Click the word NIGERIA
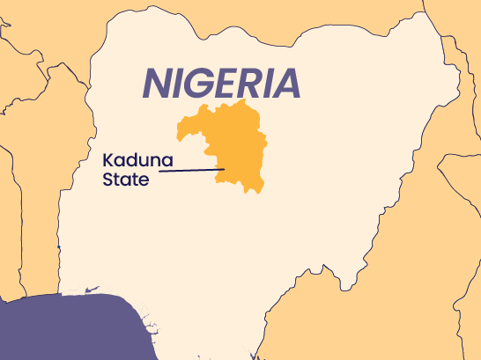pos(221,83)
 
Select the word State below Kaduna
pos(125,181)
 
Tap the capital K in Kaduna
pos(107,161)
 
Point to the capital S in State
pos(107,181)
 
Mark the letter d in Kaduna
pos(131,161)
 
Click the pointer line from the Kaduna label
pos(185,171)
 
